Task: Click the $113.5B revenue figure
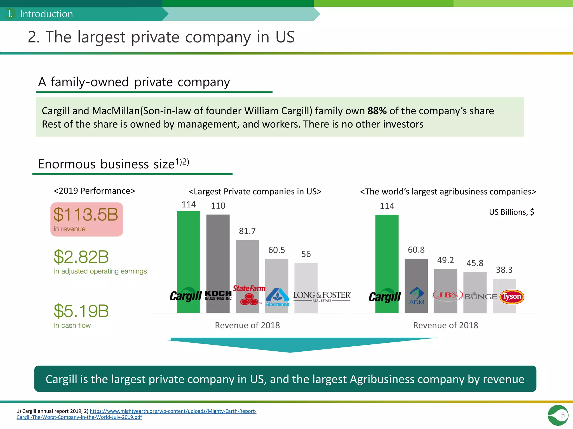click(x=86, y=214)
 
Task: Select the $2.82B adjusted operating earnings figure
click(x=81, y=257)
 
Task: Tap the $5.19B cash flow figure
click(x=81, y=311)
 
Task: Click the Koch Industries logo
click(x=218, y=295)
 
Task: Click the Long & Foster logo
click(x=322, y=296)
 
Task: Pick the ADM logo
click(x=417, y=296)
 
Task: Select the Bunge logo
click(x=481, y=296)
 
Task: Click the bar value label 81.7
click(x=247, y=231)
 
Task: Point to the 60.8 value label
click(x=416, y=250)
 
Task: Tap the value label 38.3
click(x=504, y=270)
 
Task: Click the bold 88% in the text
click(x=377, y=111)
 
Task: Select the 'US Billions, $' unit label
click(x=511, y=212)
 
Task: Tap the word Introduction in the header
click(x=46, y=14)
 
